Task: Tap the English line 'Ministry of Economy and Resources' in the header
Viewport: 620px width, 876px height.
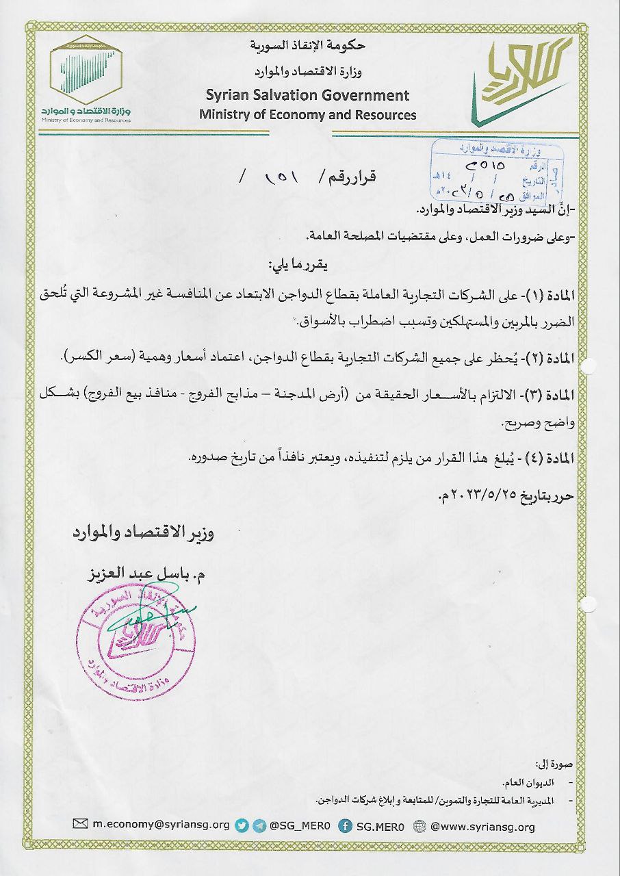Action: (308, 114)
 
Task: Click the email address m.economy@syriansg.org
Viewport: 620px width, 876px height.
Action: (161, 826)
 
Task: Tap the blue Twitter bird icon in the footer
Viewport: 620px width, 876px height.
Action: (242, 826)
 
